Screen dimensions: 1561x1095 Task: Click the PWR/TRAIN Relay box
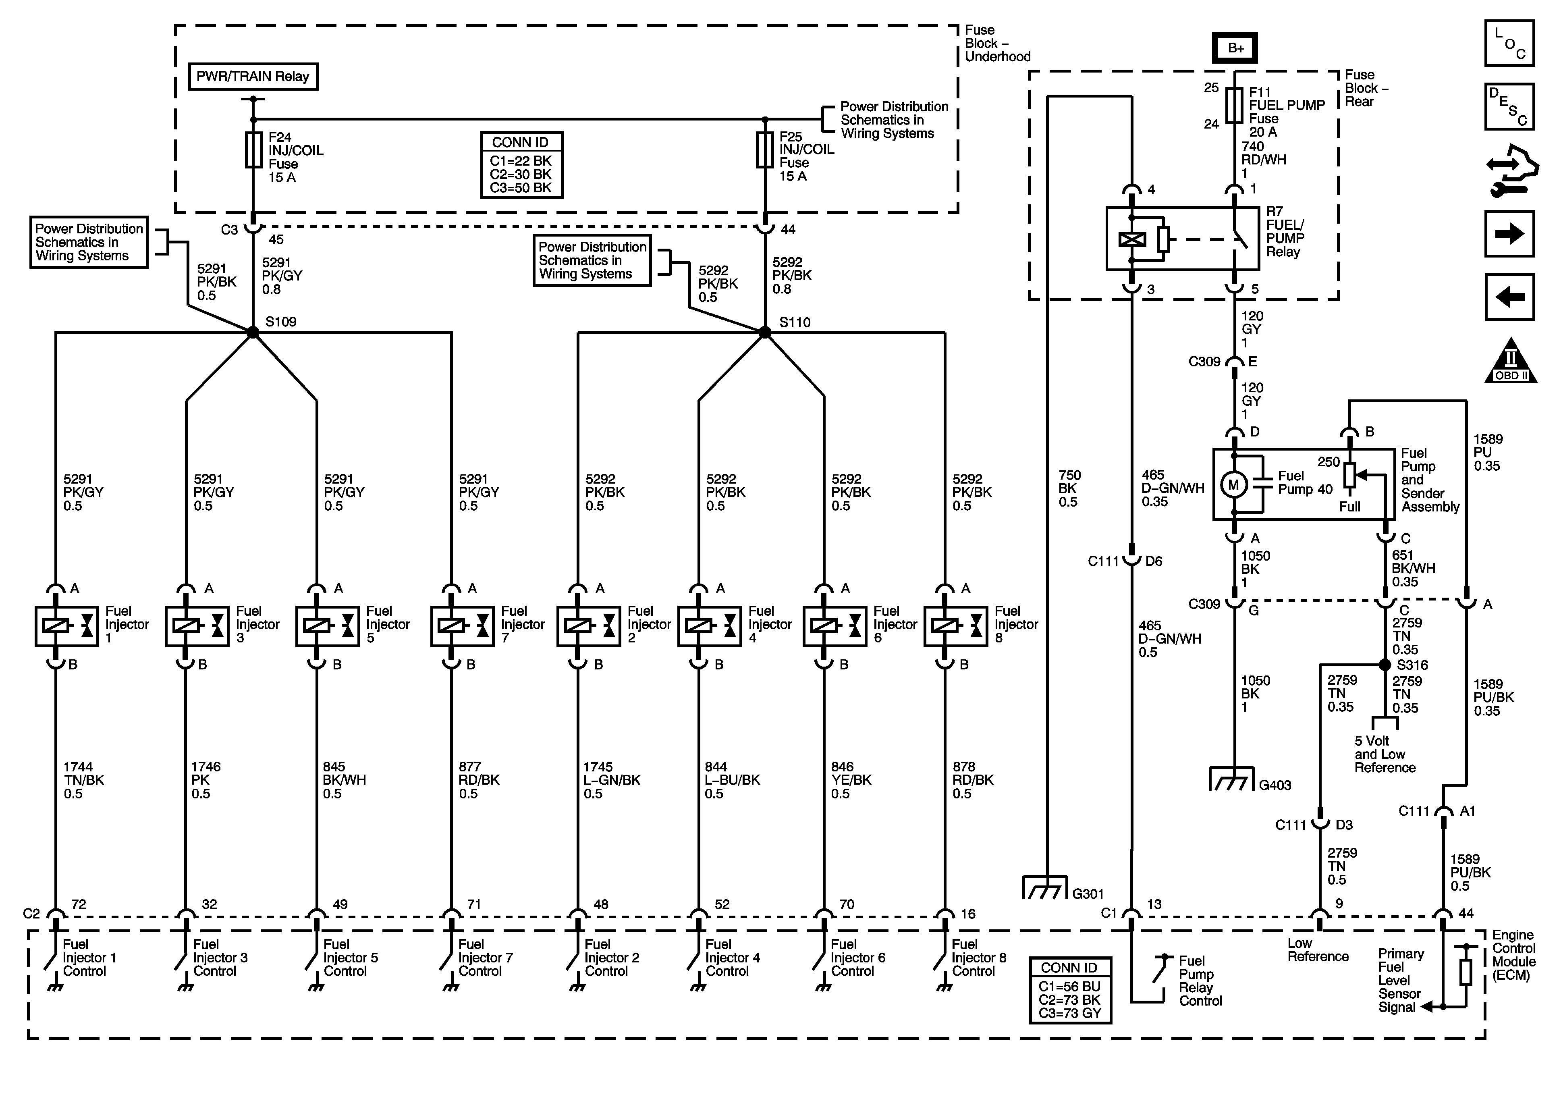[253, 76]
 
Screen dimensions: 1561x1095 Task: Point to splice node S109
[253, 332]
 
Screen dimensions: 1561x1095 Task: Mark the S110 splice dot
[765, 332]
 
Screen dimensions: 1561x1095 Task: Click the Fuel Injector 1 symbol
[66, 626]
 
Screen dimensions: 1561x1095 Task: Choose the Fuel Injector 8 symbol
[956, 626]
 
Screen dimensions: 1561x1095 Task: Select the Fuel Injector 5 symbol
[328, 626]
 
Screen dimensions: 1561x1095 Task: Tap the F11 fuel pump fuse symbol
[1235, 106]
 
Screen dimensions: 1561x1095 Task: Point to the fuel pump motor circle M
[1234, 485]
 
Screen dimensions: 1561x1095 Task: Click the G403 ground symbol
[1231, 779]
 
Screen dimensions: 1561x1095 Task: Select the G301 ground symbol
[1045, 887]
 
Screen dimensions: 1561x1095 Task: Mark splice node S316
[1385, 665]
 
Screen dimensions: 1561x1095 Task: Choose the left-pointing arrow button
[1510, 297]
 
